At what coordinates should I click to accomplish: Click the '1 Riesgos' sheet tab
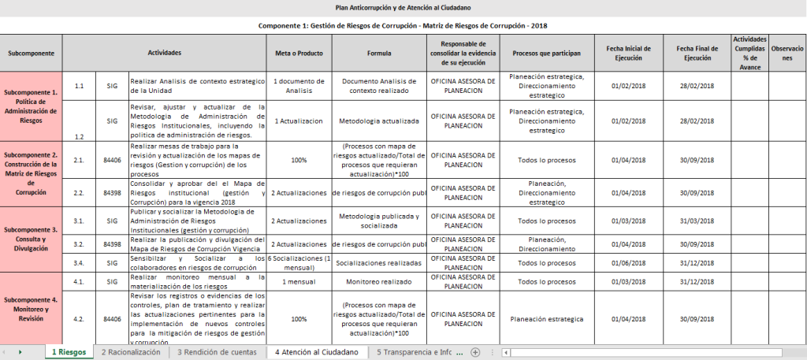tap(69, 352)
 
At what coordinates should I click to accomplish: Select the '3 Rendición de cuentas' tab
tap(217, 352)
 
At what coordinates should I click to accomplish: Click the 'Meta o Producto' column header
tap(299, 53)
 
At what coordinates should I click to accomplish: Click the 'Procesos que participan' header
tap(546, 53)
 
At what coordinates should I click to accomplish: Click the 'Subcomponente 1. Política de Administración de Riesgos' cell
tap(31, 106)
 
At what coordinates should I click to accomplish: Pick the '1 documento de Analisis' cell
tap(299, 86)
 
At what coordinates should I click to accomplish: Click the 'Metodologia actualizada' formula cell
tap(379, 121)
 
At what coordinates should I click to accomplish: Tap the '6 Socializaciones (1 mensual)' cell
tap(299, 262)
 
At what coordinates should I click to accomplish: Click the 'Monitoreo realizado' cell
tap(379, 281)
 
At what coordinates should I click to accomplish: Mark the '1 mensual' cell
tap(299, 281)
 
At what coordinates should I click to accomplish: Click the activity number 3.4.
tap(79, 262)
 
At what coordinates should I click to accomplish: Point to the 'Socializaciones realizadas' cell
tap(379, 262)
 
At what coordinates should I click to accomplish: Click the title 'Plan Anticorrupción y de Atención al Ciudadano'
tap(403, 7)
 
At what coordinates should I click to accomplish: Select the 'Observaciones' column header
tap(787, 53)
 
